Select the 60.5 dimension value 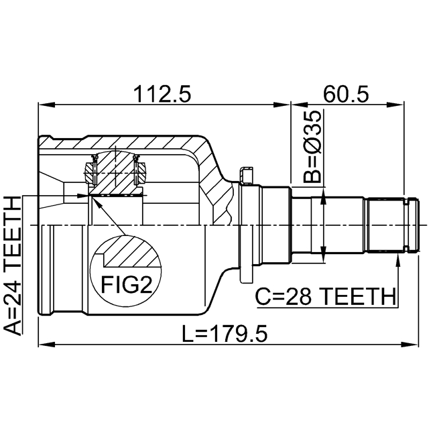pos(346,95)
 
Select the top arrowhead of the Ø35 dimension pos(324,198)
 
